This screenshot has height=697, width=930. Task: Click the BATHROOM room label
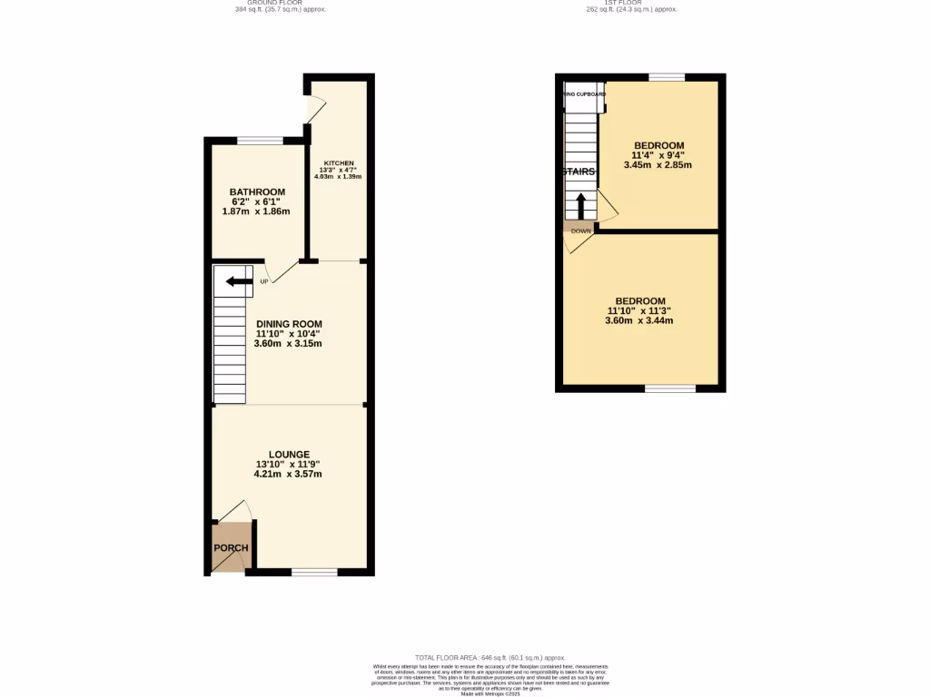[257, 192]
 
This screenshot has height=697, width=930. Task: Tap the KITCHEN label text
[338, 164]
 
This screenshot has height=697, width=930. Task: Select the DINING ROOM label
[289, 324]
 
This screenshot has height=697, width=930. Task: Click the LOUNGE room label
[289, 455]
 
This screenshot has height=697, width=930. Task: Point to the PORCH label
[231, 548]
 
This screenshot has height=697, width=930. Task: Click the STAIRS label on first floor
[579, 172]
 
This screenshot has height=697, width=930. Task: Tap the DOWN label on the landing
[581, 231]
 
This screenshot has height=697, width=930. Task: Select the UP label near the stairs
[264, 281]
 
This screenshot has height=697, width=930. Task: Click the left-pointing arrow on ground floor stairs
[239, 281]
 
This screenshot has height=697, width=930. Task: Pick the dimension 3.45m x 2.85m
[658, 165]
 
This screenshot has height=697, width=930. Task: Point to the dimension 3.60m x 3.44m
[639, 320]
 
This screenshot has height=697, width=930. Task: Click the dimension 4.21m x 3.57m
[289, 474]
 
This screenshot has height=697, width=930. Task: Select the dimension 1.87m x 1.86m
[256, 211]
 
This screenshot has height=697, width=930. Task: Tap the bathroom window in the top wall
[260, 141]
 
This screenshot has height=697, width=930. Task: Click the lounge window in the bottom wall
[314, 572]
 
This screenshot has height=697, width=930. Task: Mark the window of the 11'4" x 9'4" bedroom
[667, 77]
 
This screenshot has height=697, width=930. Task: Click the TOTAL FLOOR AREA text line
[490, 657]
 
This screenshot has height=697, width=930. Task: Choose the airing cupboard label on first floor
[585, 93]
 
